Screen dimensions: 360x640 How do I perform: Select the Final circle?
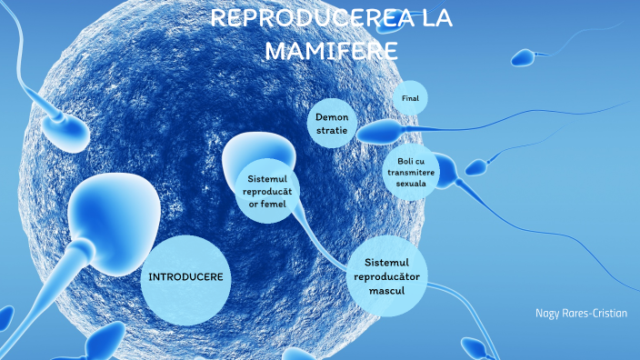(x=409, y=97)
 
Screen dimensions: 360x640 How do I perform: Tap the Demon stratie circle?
(x=332, y=125)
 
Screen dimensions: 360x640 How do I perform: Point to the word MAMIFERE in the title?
(x=331, y=50)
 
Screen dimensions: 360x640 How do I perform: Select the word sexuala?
(x=411, y=183)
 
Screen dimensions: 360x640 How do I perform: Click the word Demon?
(x=332, y=117)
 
